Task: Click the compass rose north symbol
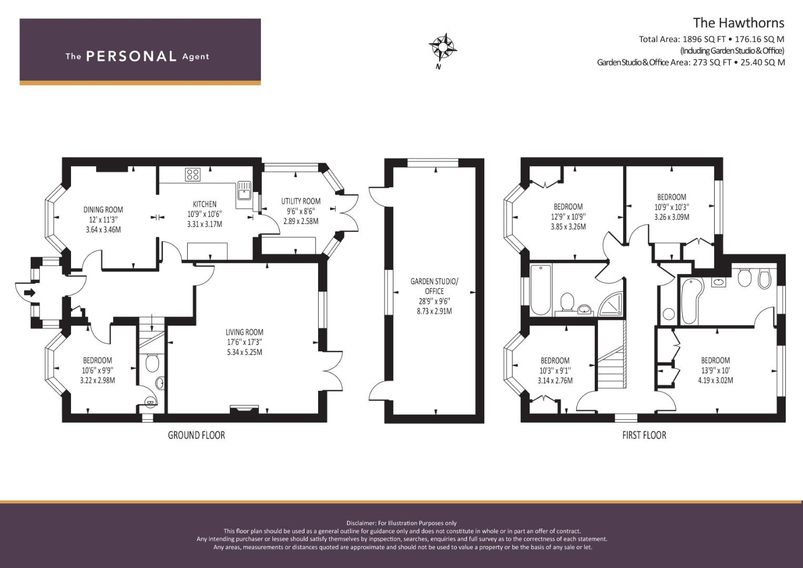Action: tap(443, 47)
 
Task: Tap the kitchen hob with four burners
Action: tap(192, 175)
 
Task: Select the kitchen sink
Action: tap(244, 190)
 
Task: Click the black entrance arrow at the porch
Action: tap(30, 293)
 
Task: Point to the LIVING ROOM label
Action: tap(245, 332)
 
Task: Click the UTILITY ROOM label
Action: tap(301, 201)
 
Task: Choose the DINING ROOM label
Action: tap(103, 210)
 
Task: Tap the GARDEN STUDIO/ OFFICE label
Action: tap(434, 286)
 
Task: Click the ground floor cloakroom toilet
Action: tap(153, 362)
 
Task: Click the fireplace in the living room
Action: tap(244, 410)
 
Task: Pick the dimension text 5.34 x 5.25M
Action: tap(245, 352)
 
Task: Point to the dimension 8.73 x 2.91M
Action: tap(434, 311)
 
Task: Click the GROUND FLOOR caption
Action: tap(197, 435)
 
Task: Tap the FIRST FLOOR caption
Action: tap(644, 435)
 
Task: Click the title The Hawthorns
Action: tap(738, 23)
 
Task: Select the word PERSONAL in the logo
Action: tap(131, 56)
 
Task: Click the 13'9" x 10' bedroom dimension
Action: tap(716, 370)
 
